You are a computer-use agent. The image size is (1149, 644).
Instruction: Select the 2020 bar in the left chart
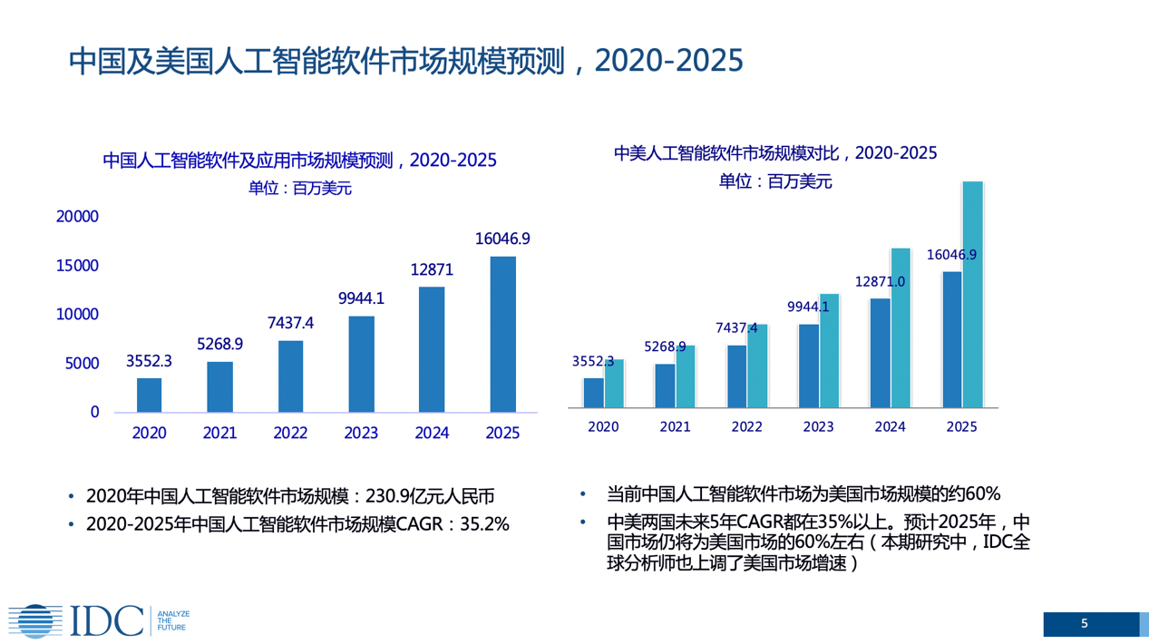[150, 395]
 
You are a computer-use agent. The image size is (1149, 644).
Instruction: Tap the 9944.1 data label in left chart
[361, 298]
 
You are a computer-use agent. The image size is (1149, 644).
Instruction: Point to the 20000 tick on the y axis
[77, 217]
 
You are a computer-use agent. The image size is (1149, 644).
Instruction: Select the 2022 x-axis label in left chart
[290, 434]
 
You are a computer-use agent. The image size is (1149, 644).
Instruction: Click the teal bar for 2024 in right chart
[901, 327]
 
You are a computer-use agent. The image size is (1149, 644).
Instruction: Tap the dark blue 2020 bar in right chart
[593, 392]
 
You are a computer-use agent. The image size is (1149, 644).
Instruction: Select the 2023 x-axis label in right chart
[818, 426]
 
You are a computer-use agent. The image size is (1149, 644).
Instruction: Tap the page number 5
[1085, 624]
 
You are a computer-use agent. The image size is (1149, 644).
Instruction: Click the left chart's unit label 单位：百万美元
[299, 189]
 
